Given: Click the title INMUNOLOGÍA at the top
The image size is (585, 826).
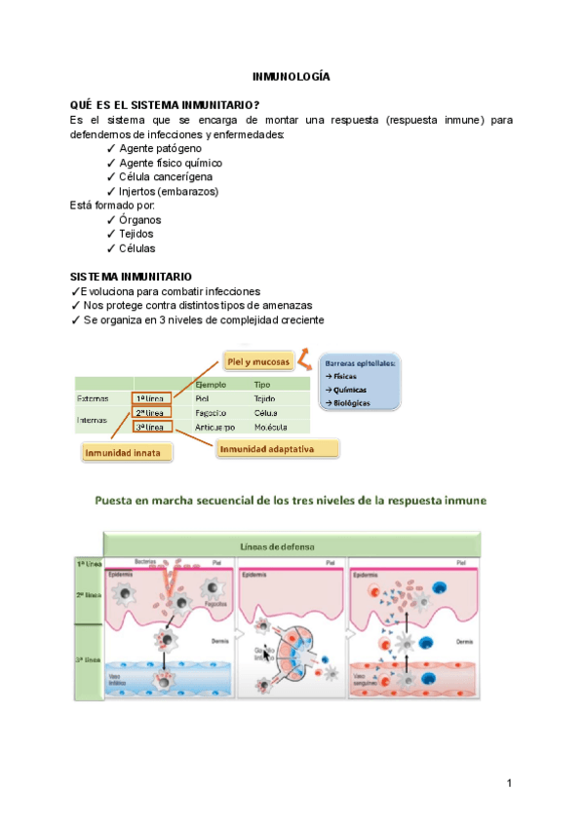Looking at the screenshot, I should click(x=292, y=75).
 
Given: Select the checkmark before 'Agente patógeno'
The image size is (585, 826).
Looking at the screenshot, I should click(x=111, y=147).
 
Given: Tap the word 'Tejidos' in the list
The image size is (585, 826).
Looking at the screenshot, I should click(x=136, y=234).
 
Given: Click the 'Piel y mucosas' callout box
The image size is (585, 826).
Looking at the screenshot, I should click(x=258, y=361).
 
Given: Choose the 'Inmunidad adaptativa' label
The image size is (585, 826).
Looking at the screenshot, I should click(x=278, y=449).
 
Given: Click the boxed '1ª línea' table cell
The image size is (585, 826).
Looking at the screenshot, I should click(x=153, y=398).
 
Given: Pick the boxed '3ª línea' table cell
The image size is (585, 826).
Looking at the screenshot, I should click(x=153, y=427).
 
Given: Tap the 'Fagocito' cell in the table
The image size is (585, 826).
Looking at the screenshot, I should click(x=214, y=413).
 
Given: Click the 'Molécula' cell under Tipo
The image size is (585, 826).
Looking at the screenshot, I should click(x=271, y=428).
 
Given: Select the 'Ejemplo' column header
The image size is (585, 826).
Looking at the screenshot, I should click(x=212, y=384).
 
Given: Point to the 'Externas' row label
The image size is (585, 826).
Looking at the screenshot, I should click(x=93, y=398).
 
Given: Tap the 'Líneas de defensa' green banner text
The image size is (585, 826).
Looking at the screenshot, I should click(x=291, y=546).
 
